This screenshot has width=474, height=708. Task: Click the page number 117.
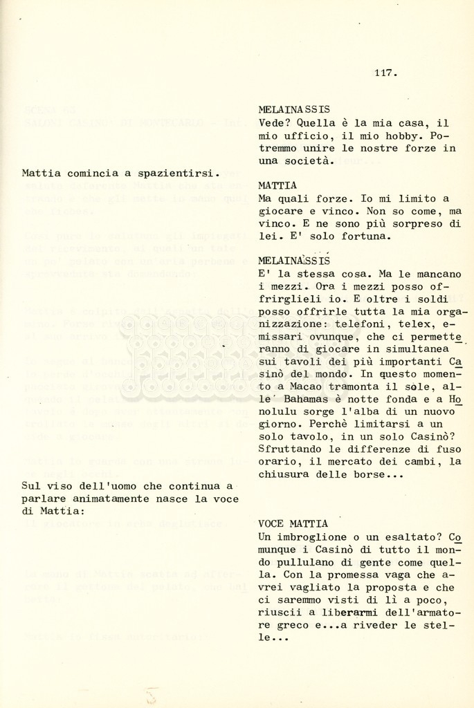(x=386, y=72)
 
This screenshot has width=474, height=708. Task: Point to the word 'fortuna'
(x=366, y=236)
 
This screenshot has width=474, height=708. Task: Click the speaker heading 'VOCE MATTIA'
(x=293, y=524)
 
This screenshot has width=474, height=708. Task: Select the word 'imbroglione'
(x=304, y=537)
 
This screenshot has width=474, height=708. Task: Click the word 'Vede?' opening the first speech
(x=273, y=123)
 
